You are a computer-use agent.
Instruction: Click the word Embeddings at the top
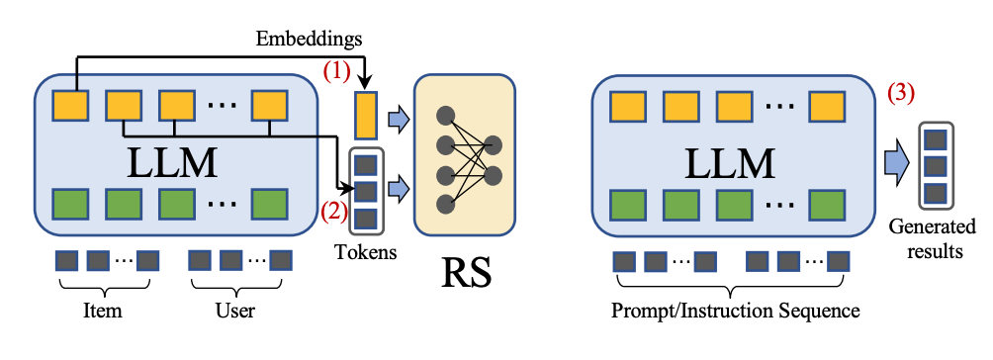[309, 40]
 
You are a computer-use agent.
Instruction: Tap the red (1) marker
[337, 71]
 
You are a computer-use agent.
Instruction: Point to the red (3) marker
[901, 94]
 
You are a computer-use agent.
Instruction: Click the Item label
[103, 311]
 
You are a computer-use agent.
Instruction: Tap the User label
[235, 311]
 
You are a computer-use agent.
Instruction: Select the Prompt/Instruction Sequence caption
[735, 312]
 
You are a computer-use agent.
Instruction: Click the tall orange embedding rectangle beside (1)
[366, 116]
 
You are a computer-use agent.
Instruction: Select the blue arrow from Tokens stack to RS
[397, 188]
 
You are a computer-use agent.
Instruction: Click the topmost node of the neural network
[446, 116]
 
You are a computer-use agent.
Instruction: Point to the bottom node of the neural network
[446, 204]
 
